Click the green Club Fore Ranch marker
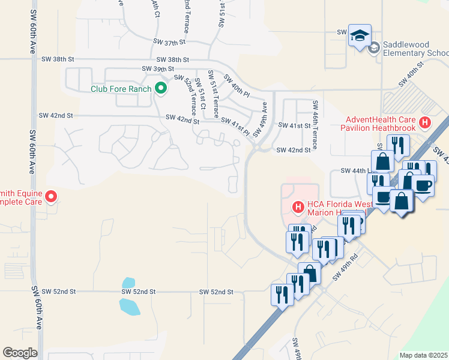[160, 89]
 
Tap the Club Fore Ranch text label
[121, 89]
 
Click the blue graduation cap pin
[360, 36]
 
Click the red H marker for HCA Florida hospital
[297, 208]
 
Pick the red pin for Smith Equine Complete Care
[50, 196]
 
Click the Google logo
[20, 353]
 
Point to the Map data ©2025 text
[423, 355]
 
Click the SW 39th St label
[151, 70]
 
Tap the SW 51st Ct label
[203, 98]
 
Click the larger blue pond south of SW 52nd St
[130, 307]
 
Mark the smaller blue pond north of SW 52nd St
[128, 283]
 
